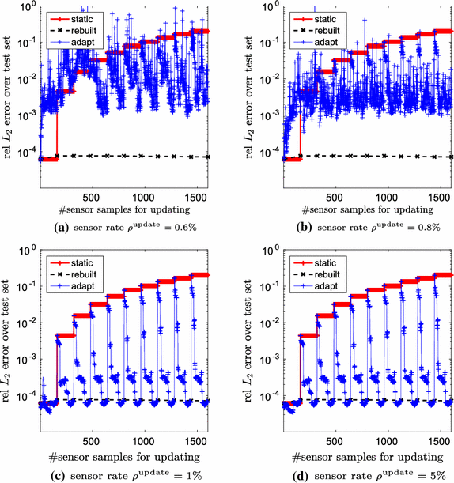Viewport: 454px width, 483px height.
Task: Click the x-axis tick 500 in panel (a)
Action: tap(92, 198)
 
